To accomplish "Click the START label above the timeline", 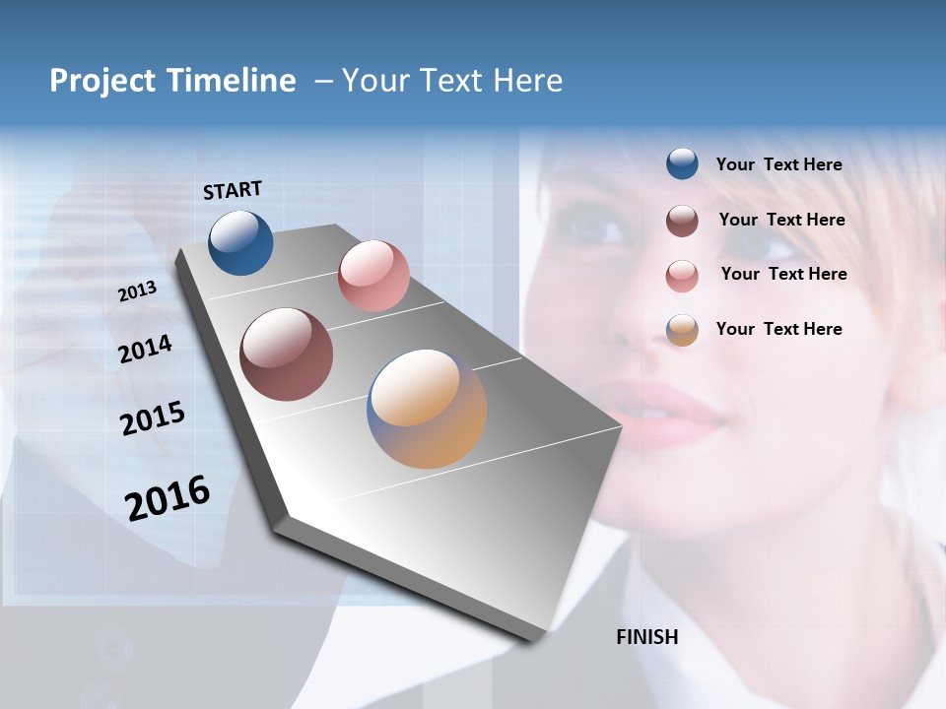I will click(233, 190).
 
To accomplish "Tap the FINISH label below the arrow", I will click(647, 637).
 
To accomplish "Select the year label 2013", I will click(138, 291).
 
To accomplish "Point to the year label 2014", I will click(146, 350).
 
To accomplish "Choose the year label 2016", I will click(168, 497).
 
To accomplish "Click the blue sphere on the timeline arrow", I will click(240, 242).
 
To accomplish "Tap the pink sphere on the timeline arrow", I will click(373, 276).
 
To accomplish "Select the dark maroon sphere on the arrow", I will click(287, 354).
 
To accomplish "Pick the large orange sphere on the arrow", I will click(427, 409).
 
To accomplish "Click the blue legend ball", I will click(682, 164).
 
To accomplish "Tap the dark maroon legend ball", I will click(682, 221).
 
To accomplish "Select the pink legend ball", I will click(682, 276).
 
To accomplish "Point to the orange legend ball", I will click(682, 330).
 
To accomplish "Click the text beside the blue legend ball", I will click(778, 165).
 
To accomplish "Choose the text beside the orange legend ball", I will click(778, 329).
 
